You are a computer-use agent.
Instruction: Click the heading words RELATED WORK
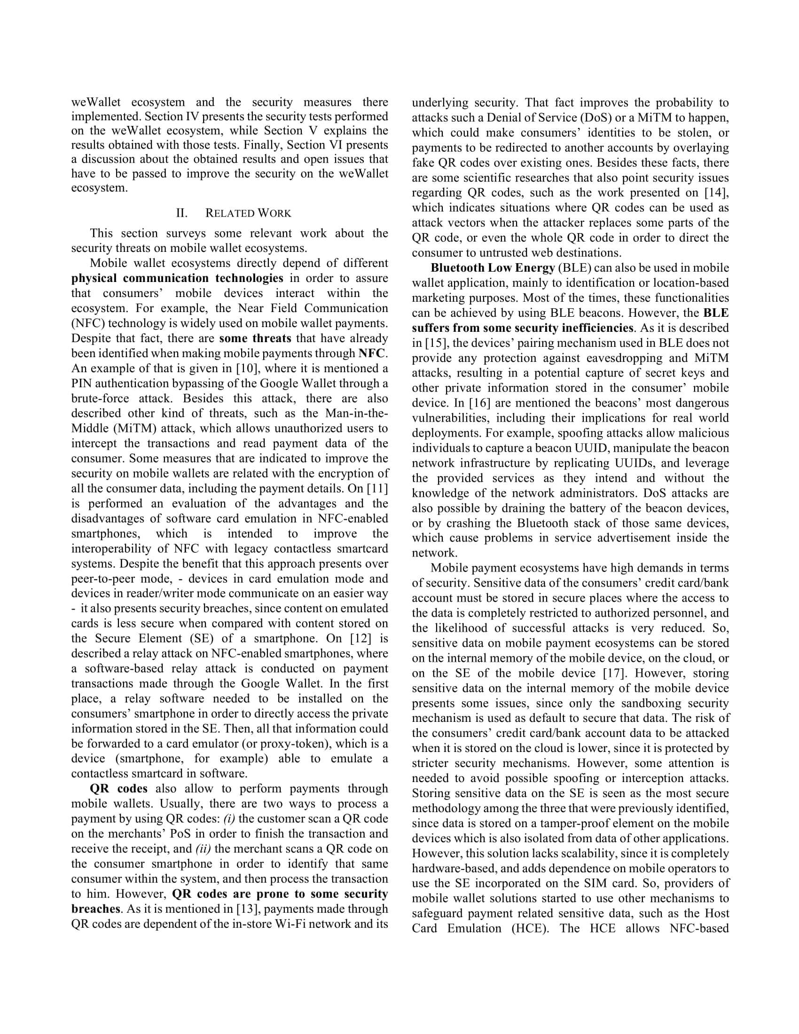(248, 213)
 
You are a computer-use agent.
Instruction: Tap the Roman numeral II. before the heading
(182, 213)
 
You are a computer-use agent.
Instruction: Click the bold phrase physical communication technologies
(178, 278)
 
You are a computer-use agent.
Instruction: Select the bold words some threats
(255, 338)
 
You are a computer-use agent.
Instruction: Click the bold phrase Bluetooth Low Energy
(492, 268)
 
